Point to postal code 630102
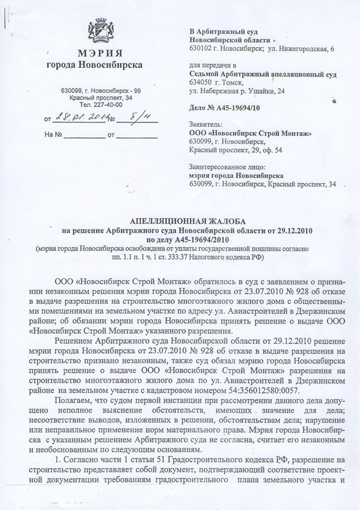pos(202,48)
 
